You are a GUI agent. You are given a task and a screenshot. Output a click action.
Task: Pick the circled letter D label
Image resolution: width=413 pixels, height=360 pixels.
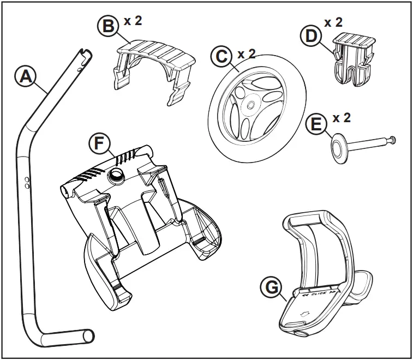(311, 37)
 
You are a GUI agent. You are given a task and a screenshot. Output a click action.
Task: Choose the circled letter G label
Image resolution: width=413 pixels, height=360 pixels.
(273, 286)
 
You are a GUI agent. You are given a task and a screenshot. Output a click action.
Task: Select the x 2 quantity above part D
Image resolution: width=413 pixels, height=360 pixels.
(333, 23)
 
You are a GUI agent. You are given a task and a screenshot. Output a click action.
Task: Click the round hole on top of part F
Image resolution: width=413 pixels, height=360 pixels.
(116, 175)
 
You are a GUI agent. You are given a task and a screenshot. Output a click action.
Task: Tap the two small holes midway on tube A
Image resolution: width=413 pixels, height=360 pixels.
(26, 182)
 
